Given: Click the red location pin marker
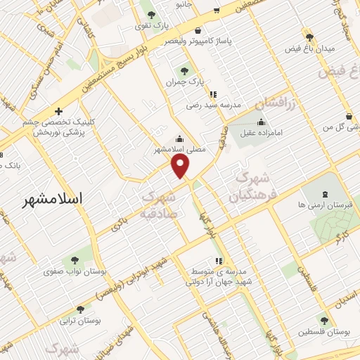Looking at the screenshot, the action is (181, 166).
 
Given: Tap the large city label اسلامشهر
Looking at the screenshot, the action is (53, 199).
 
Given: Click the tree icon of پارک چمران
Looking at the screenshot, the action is (185, 70).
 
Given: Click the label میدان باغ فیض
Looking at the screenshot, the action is (309, 49).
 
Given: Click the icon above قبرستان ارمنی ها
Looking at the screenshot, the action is (324, 193).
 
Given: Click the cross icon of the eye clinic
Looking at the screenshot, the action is (58, 111).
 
